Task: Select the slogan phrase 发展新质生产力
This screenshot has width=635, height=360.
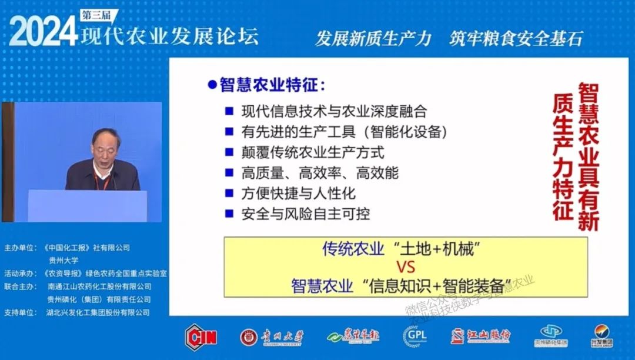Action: click(x=373, y=39)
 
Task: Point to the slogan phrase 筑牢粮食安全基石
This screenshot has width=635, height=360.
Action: click(x=516, y=39)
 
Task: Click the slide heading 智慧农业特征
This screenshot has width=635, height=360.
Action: click(x=272, y=85)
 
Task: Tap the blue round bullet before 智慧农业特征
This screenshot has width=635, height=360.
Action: click(x=212, y=85)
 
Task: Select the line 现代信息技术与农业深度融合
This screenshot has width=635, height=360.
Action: click(x=333, y=112)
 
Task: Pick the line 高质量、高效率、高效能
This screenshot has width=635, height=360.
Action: click(x=320, y=173)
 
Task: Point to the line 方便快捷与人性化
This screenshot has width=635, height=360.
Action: click(x=299, y=194)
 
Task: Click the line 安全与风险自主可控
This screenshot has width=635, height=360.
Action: click(x=306, y=214)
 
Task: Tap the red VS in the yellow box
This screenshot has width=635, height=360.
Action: click(x=406, y=268)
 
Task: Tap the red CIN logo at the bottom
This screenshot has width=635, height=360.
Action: click(x=201, y=336)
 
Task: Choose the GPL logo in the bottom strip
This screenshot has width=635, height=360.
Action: click(x=415, y=336)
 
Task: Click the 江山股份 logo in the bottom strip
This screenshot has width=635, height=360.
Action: click(x=480, y=336)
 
